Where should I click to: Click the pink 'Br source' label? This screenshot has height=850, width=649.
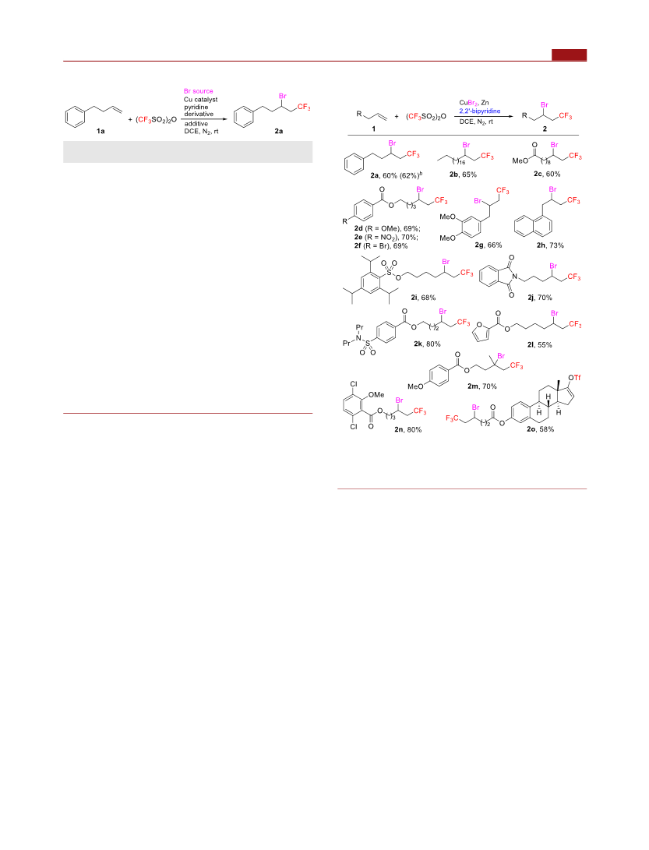click(199, 91)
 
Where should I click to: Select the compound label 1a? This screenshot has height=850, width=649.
click(101, 131)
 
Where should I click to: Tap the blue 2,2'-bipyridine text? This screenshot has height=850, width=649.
click(480, 111)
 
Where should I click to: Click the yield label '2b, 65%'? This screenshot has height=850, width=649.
click(463, 175)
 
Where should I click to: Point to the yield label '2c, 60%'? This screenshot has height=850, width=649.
click(547, 174)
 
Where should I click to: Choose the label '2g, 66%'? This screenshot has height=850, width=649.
click(489, 245)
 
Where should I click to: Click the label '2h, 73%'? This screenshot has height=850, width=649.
click(550, 245)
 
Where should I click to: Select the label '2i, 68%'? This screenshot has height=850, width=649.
click(423, 297)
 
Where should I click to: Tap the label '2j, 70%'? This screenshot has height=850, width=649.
click(539, 297)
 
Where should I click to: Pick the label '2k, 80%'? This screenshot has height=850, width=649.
click(427, 344)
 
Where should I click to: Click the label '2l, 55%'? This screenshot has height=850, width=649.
click(539, 344)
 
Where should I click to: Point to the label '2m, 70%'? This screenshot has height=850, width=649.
click(482, 386)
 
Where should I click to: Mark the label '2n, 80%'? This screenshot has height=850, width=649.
click(407, 429)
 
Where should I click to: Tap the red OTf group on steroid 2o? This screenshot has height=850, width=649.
click(574, 377)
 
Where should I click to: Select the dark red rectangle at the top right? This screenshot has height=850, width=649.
click(570, 55)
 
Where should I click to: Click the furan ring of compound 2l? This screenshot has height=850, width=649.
click(481, 333)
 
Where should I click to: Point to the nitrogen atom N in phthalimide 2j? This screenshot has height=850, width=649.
click(517, 277)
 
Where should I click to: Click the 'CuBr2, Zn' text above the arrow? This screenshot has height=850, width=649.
click(474, 103)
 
